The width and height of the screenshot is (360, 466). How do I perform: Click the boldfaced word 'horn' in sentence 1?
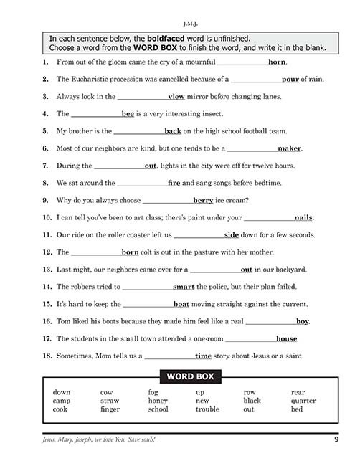click(x=277, y=62)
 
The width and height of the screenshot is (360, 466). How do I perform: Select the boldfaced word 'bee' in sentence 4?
click(x=128, y=114)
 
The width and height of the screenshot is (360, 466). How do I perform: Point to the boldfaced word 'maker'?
click(x=290, y=148)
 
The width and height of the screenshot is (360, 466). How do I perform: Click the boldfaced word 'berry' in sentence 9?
click(x=203, y=200)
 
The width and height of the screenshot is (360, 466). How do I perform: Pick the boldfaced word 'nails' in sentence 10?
click(x=303, y=217)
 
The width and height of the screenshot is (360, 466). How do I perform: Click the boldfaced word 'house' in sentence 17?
click(x=286, y=338)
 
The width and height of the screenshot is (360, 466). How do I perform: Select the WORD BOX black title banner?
click(x=186, y=376)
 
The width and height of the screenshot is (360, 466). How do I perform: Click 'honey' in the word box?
click(x=158, y=401)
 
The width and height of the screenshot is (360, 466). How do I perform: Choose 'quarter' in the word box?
click(x=303, y=401)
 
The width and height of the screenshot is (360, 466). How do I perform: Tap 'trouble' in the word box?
click(x=207, y=409)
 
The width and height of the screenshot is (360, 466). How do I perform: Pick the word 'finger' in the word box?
click(x=110, y=409)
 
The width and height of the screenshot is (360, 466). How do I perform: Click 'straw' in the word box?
click(x=110, y=401)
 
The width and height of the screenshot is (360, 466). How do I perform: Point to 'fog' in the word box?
click(x=153, y=392)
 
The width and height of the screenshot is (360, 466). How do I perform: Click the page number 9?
click(x=336, y=439)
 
